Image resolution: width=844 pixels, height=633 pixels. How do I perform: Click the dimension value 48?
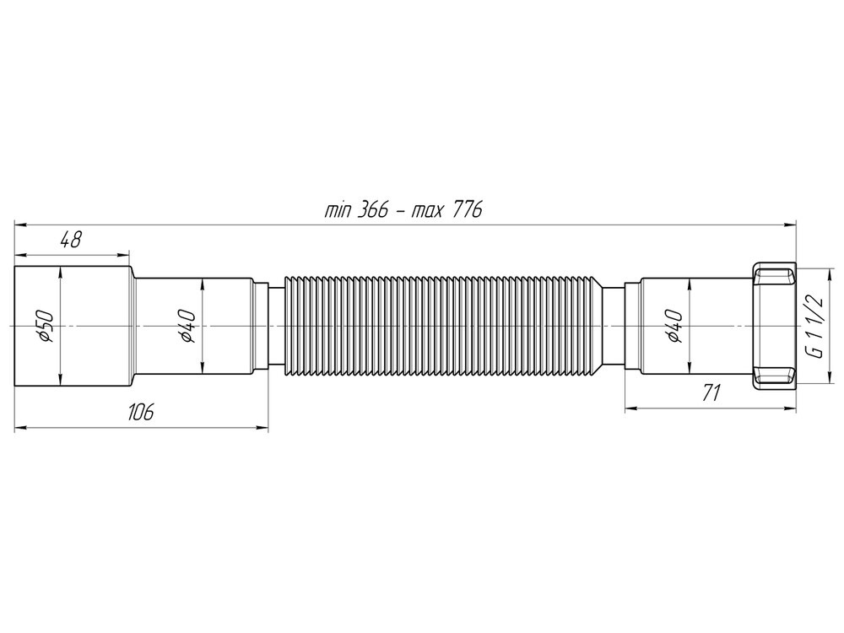click(x=70, y=240)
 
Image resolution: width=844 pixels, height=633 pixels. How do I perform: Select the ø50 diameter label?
click(x=46, y=326)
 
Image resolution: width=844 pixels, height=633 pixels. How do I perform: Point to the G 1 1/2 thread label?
click(x=814, y=326)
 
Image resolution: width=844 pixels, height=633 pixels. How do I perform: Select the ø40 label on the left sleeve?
click(x=187, y=326)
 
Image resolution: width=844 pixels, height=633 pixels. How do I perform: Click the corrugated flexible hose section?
click(x=443, y=326)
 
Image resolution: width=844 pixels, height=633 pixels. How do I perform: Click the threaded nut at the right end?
click(x=772, y=326)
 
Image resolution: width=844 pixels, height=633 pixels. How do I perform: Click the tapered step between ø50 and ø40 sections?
click(x=133, y=326)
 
